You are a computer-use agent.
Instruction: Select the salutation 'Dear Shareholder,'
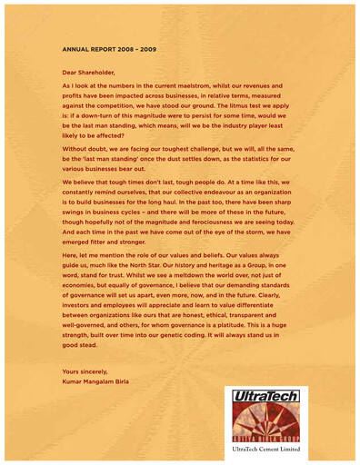(x=88, y=70)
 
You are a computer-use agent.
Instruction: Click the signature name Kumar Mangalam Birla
(x=95, y=381)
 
